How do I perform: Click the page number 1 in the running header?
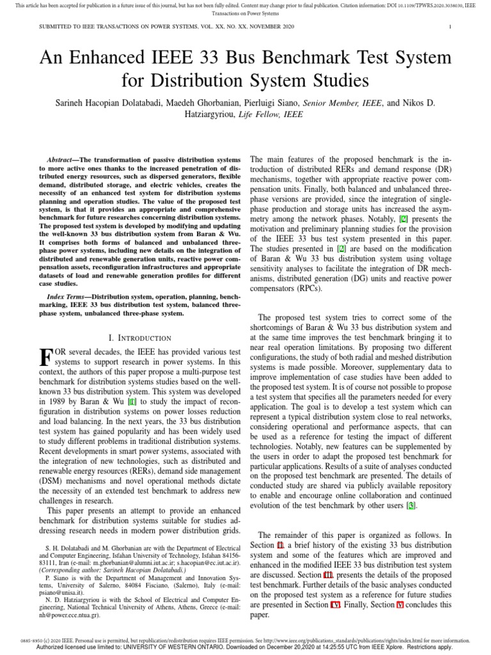(x=450, y=27)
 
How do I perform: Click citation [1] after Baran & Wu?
(x=132, y=401)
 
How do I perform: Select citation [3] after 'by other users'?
(x=412, y=505)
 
